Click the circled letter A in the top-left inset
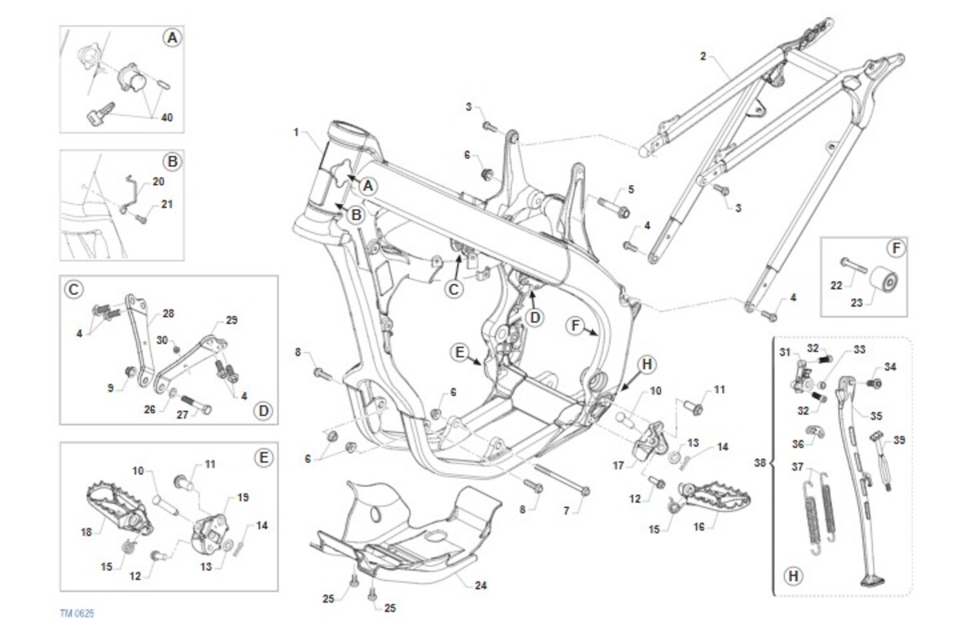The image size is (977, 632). pyautogui.click(x=173, y=38)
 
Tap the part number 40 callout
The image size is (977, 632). pyautogui.click(x=167, y=117)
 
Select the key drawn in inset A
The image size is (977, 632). pyautogui.click(x=100, y=113)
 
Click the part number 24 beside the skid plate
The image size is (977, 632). pyautogui.click(x=480, y=586)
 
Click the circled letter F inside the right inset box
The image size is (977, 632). pyautogui.click(x=896, y=248)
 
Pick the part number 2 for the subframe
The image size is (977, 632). pyautogui.click(x=703, y=56)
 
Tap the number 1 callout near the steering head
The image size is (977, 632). pyautogui.click(x=296, y=132)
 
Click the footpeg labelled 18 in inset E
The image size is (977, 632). pyautogui.click(x=119, y=508)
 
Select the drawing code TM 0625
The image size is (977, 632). pyautogui.click(x=77, y=614)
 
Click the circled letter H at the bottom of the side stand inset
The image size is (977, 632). pyautogui.click(x=793, y=576)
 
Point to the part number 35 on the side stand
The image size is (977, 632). pyautogui.click(x=876, y=415)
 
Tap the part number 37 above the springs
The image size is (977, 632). pyautogui.click(x=797, y=467)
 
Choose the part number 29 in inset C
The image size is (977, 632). pyautogui.click(x=231, y=320)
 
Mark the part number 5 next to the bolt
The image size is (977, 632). pyautogui.click(x=631, y=190)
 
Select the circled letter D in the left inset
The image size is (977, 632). pyautogui.click(x=263, y=410)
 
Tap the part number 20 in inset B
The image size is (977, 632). pyautogui.click(x=158, y=182)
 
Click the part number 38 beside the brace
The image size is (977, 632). pyautogui.click(x=760, y=463)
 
